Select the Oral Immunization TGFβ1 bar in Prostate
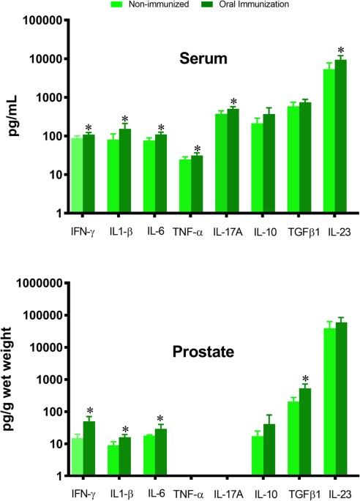[x=304, y=432]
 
